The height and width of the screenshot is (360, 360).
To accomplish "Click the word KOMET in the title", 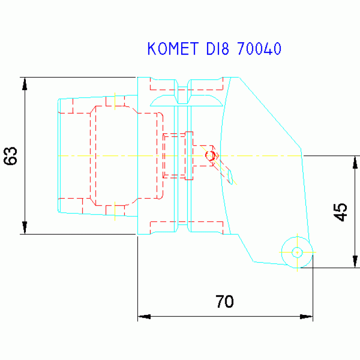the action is [173, 49].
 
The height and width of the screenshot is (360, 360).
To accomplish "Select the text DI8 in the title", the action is [218, 49].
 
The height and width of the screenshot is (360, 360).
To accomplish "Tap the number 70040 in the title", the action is [259, 49].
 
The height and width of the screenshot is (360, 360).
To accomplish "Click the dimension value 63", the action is [11, 156].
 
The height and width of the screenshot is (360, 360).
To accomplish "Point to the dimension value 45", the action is [340, 212].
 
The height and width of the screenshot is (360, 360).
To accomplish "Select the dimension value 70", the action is [224, 301].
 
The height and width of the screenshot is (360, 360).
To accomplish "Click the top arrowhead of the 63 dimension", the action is [25, 84].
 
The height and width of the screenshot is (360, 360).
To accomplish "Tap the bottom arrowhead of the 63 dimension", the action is [25, 228].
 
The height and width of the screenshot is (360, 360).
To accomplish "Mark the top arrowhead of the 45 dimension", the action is [355, 162].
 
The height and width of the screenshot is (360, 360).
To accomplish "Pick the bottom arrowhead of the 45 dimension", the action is [355, 261].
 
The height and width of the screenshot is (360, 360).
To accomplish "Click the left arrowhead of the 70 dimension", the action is [144, 317].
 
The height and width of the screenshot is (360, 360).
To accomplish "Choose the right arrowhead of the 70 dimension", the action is [306, 317].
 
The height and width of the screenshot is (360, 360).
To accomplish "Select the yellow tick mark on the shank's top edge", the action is [115, 101].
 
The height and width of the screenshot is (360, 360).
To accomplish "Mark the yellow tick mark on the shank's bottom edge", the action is [115, 211].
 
